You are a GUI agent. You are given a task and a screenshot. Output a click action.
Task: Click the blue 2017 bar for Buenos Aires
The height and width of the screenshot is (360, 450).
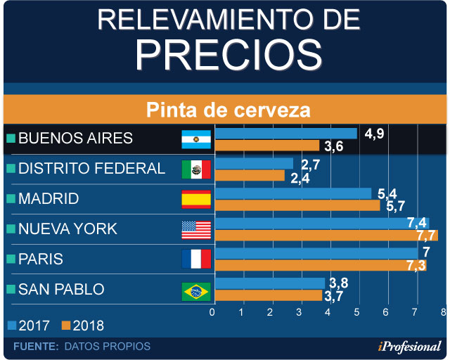285,133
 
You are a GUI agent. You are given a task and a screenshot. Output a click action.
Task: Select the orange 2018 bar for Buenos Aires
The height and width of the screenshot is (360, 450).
267,146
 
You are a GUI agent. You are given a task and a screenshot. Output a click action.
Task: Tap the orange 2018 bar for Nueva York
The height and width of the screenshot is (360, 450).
326,236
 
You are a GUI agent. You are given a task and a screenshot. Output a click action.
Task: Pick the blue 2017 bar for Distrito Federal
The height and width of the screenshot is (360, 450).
254,163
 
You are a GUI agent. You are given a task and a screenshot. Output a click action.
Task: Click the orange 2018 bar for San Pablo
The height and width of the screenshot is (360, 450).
268,295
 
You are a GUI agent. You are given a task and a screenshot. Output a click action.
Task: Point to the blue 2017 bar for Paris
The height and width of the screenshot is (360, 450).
316,253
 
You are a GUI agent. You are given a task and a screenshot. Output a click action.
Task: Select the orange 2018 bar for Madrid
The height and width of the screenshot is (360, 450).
297,205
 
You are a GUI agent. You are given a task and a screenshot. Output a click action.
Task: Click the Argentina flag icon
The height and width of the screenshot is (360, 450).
196,139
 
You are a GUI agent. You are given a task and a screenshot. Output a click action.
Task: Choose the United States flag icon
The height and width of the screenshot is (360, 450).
196,230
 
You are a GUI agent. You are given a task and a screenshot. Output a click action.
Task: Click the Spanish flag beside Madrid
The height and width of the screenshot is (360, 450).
196,200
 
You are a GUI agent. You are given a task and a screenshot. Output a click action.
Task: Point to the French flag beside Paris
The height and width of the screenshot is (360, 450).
196,259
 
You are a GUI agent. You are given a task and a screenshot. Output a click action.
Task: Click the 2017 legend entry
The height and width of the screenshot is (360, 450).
29,326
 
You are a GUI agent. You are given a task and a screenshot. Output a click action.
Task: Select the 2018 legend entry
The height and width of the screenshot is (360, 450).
83,326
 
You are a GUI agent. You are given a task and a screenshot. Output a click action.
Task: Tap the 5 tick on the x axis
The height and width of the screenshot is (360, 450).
357,312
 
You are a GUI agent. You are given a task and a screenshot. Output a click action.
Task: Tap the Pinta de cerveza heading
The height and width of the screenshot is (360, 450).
228,110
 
